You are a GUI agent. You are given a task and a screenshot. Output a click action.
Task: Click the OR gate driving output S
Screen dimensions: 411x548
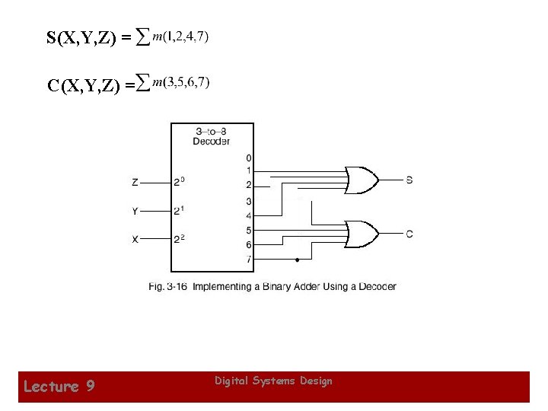click(362, 180)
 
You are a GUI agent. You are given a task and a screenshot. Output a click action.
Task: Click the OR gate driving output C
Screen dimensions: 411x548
click(362, 234)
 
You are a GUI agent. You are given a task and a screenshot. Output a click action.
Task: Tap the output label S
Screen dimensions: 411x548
click(409, 180)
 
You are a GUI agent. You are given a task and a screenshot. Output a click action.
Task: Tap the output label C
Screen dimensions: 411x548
click(409, 234)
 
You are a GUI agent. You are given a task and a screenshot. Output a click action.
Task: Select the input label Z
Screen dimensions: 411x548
click(135, 183)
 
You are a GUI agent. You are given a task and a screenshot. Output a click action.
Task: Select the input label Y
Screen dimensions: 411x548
click(135, 211)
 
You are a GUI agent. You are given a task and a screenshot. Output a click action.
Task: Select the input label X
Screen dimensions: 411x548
click(135, 239)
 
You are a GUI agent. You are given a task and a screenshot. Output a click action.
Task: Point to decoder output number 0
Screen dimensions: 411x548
click(248, 158)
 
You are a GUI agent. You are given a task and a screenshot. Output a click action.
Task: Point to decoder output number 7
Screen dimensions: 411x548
click(248, 260)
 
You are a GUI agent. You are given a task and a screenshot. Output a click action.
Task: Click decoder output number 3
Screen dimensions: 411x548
click(248, 201)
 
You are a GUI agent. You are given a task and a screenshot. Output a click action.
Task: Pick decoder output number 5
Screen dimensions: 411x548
click(248, 230)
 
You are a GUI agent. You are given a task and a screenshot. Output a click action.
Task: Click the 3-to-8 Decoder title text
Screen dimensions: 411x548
click(211, 136)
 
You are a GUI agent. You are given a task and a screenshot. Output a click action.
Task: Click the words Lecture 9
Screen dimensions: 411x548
click(59, 387)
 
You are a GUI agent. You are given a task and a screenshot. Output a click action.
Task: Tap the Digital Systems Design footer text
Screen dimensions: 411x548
click(273, 381)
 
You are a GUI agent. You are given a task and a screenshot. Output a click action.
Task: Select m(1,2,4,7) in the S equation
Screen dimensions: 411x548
click(181, 36)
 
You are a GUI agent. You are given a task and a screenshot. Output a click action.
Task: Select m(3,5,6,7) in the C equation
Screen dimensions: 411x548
click(181, 82)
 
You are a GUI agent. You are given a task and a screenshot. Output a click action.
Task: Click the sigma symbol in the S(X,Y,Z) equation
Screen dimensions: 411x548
click(142, 36)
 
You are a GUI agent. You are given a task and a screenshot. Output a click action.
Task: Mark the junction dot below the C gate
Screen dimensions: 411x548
click(296, 260)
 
